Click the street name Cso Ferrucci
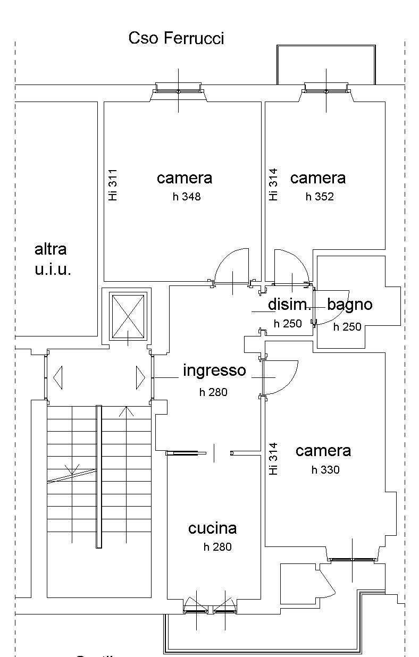pos(176,38)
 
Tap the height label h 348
pos(186,197)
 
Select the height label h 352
pos(320,197)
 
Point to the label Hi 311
pos(112,185)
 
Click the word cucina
pos(212,528)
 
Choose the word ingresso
pos(214,370)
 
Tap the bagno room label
pos(349,305)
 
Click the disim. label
pos(289,305)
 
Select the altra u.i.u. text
pos(52,259)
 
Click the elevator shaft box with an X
pos(127,317)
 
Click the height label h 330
pos(325,470)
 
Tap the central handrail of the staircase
pos(98,476)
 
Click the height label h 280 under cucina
pos(217,547)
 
